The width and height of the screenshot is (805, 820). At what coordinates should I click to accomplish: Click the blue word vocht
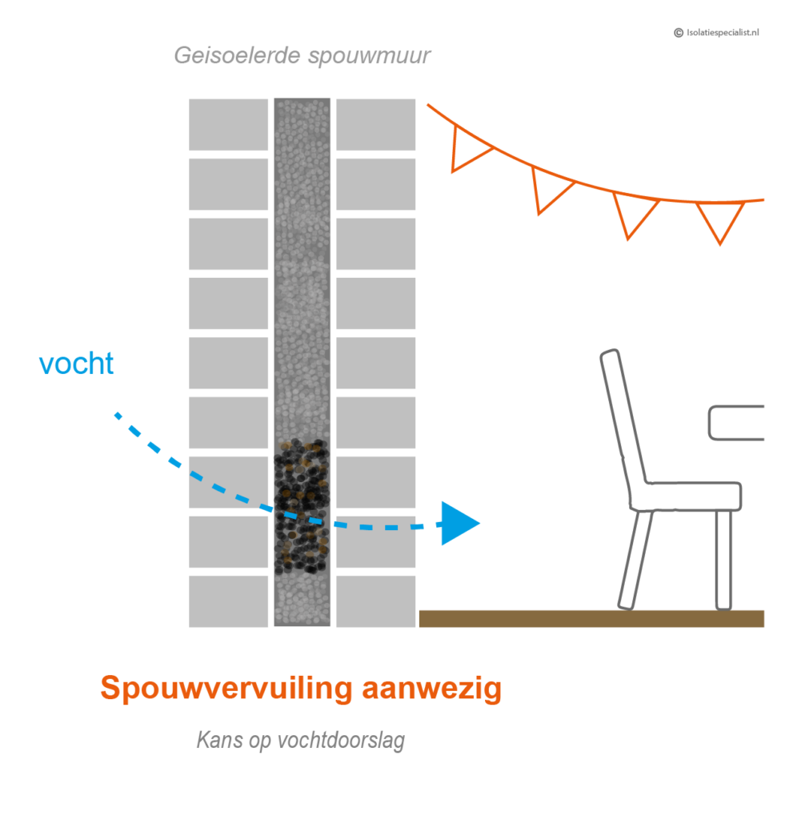pos(77,364)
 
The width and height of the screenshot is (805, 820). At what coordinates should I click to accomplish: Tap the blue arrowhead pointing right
pos(458,524)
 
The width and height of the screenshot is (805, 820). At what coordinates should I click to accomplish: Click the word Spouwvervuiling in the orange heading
pos(226,689)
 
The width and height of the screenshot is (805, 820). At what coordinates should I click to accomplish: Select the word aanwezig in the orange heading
pos(431,689)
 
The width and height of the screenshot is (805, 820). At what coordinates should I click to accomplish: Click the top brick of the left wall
pos(229,124)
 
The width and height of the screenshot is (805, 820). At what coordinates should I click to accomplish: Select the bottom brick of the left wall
pos(229,601)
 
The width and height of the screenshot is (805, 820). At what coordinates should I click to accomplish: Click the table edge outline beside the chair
pos(735,423)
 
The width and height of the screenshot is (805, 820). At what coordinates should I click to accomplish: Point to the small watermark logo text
pos(717,33)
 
